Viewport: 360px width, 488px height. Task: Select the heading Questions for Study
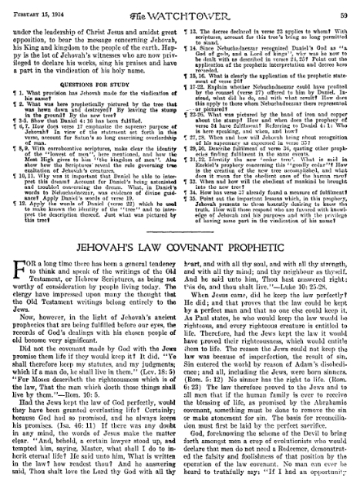[x=91, y=69]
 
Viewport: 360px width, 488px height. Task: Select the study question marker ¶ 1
[x=14, y=79]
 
